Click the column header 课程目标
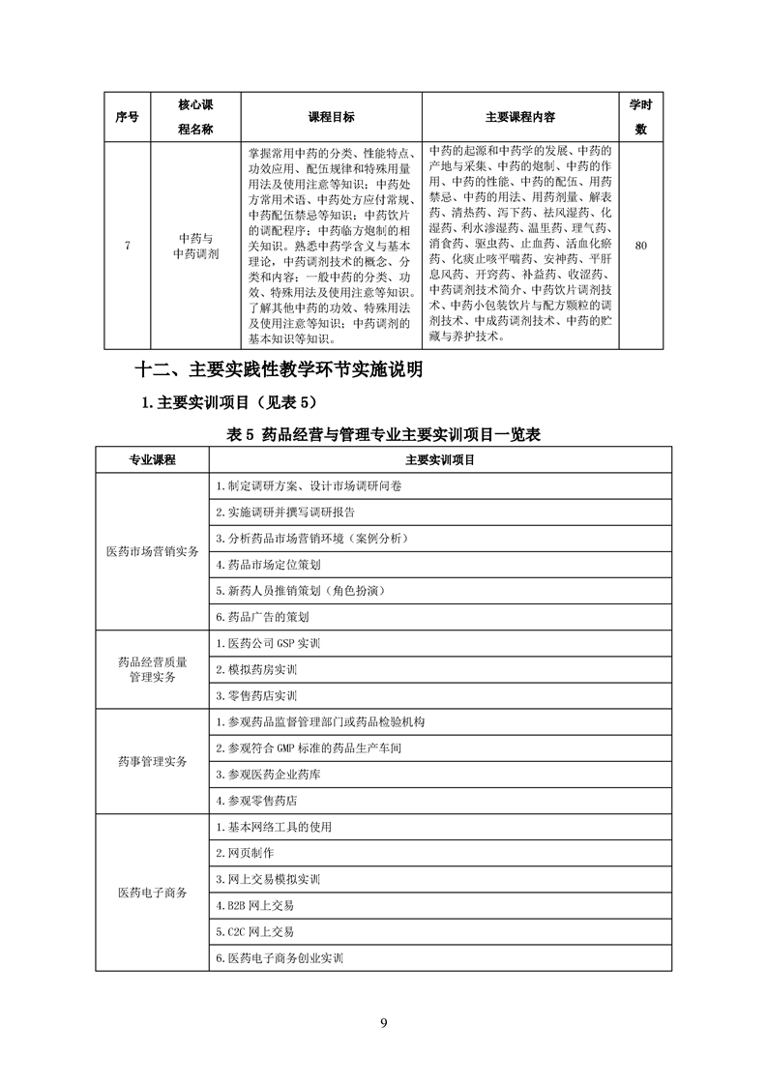[x=331, y=117]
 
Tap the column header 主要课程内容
[x=519, y=117]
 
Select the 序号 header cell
[x=126, y=117]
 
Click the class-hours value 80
[x=640, y=245]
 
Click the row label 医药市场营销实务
[x=152, y=551]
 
